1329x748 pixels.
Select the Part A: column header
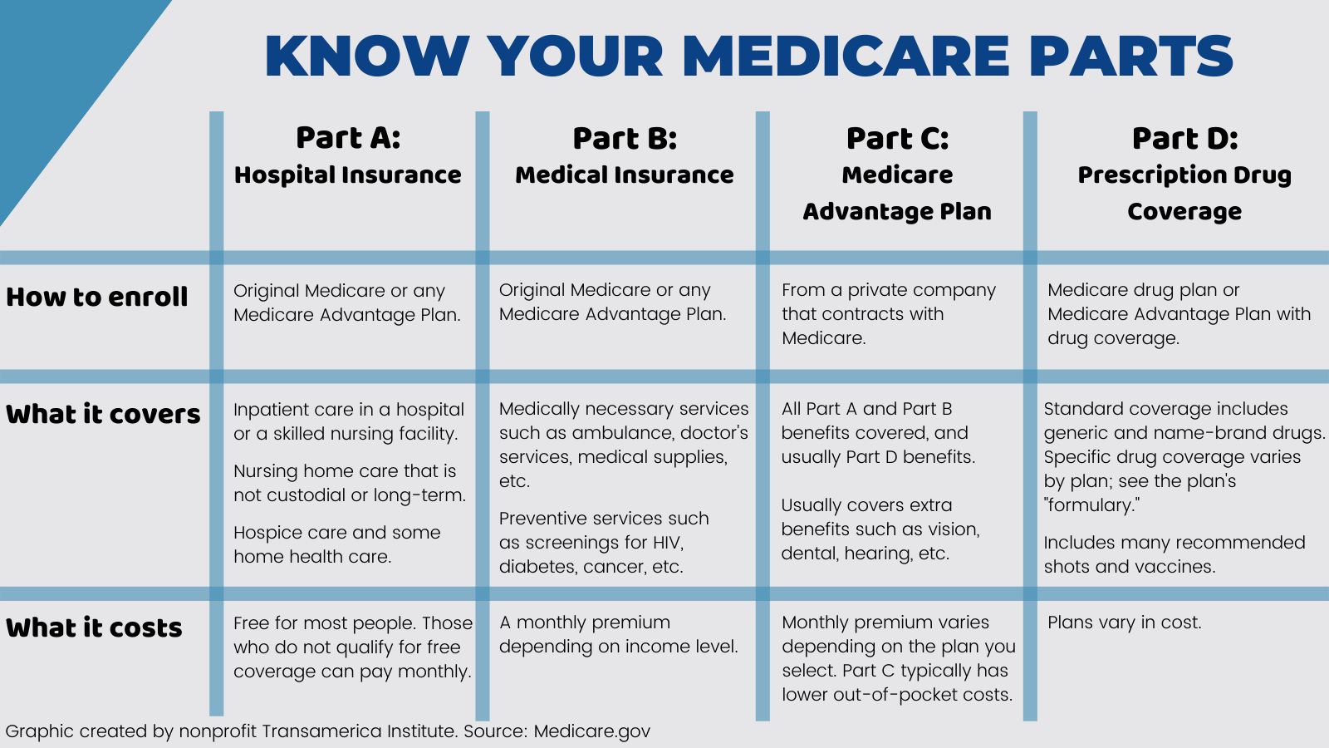click(348, 138)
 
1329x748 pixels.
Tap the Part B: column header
click(625, 138)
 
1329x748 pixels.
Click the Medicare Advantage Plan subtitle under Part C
click(897, 193)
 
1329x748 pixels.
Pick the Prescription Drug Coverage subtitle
click(1184, 193)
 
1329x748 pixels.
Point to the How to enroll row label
click(97, 297)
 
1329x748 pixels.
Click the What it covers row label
click(103, 414)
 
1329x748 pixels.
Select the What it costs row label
click(94, 627)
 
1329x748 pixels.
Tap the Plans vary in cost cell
click(1124, 623)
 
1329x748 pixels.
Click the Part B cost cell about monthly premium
click(618, 634)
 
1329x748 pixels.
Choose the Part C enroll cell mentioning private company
click(888, 313)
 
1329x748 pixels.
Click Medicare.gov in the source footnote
click(591, 731)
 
